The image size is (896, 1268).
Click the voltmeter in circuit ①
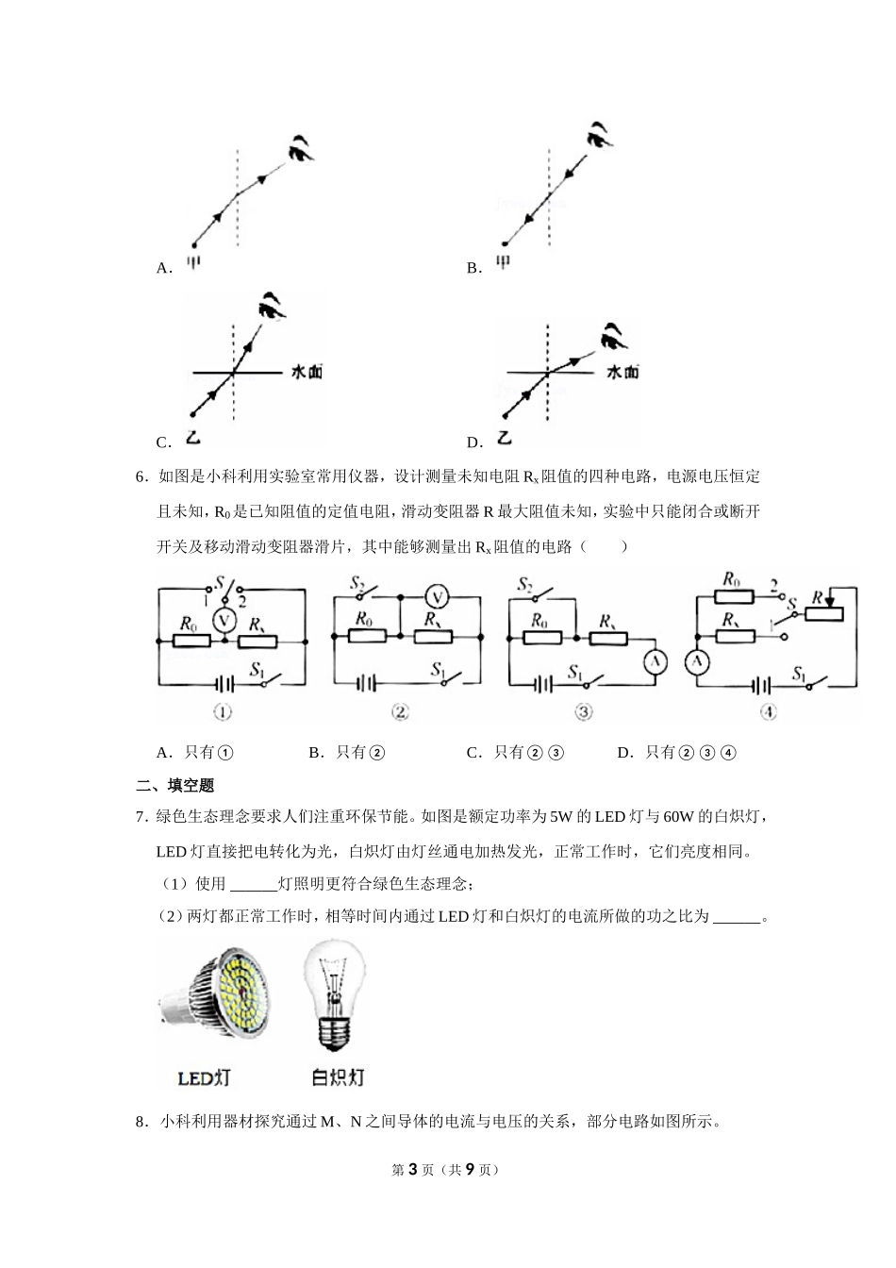coord(224,621)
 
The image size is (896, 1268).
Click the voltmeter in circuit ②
coord(435,596)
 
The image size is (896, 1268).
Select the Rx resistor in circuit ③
coord(607,638)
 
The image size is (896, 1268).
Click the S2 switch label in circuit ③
coord(525,585)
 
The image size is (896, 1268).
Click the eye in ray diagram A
coord(302,148)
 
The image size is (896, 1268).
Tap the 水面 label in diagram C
coord(307,373)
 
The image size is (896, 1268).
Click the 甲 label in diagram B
coord(503,262)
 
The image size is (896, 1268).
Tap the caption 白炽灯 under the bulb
coord(338,1076)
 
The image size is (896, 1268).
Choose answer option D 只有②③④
coord(677,752)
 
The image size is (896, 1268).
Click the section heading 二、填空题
coord(175,785)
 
